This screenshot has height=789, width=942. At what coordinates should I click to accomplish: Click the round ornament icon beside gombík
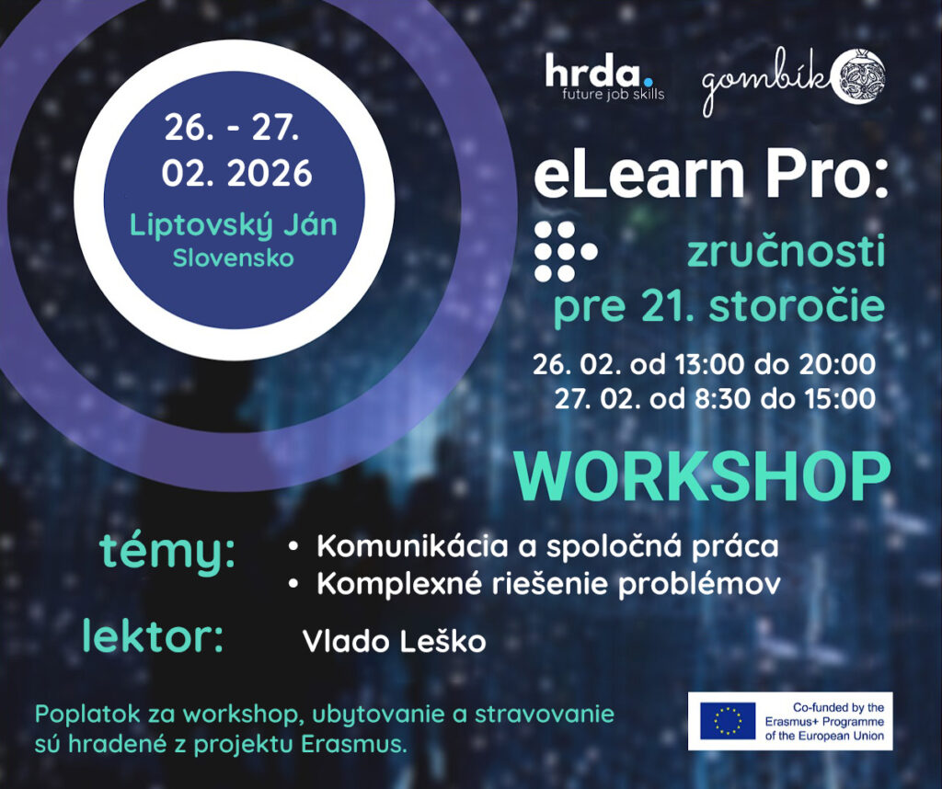pyautogui.click(x=860, y=75)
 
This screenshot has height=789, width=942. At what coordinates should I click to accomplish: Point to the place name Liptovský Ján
pyautogui.click(x=234, y=226)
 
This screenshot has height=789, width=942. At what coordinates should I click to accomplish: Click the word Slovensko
pyautogui.click(x=234, y=258)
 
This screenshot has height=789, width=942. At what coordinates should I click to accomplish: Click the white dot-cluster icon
pyautogui.click(x=566, y=252)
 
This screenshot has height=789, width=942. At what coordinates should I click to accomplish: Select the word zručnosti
pyautogui.click(x=787, y=252)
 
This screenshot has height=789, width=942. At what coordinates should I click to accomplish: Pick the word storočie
pyautogui.click(x=797, y=306)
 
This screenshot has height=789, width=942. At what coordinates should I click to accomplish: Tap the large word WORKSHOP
pyautogui.click(x=702, y=477)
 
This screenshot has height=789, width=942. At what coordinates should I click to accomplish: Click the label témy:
pyautogui.click(x=167, y=551)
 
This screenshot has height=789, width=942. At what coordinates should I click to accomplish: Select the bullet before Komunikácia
pyautogui.click(x=293, y=547)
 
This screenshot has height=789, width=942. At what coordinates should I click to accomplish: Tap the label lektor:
pyautogui.click(x=153, y=636)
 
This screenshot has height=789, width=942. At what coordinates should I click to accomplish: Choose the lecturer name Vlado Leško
pyautogui.click(x=394, y=641)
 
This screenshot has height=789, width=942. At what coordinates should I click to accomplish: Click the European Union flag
pyautogui.click(x=728, y=721)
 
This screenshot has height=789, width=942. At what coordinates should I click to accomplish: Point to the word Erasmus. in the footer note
pyautogui.click(x=353, y=745)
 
